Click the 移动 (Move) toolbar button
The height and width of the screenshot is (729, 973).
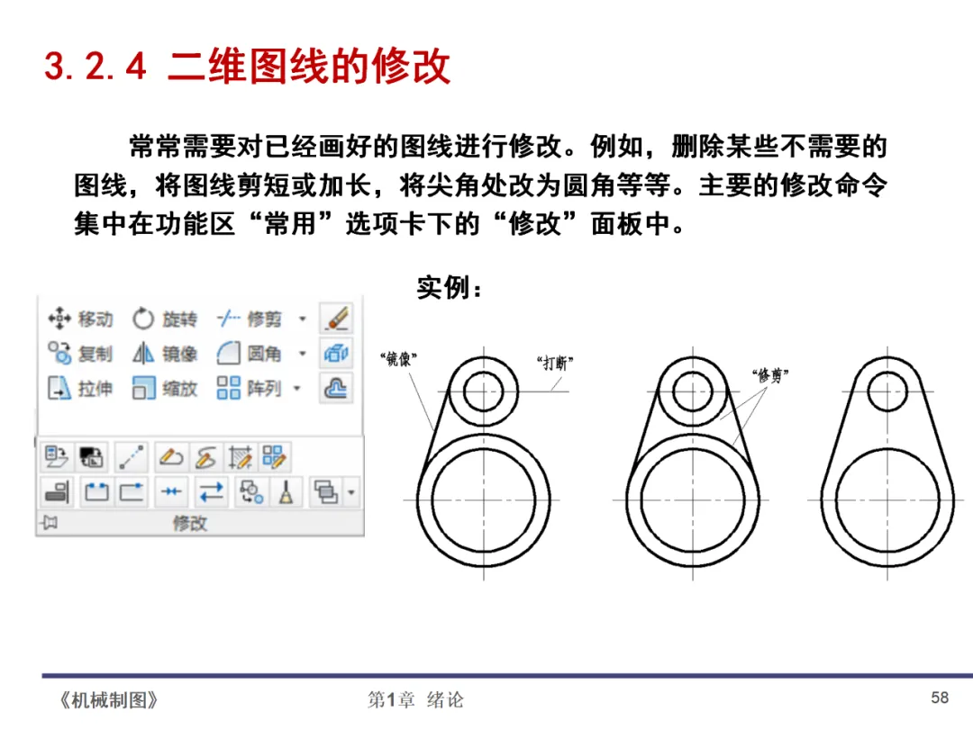(81, 319)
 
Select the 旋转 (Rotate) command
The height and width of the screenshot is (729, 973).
(165, 319)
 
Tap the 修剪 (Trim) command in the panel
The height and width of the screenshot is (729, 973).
(250, 319)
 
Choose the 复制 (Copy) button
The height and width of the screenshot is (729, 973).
(81, 354)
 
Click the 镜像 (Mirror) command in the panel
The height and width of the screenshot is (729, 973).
(165, 354)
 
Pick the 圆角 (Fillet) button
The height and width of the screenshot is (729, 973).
(250, 354)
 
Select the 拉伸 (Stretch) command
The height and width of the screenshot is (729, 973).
(81, 389)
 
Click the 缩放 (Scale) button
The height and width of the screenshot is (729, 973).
(165, 389)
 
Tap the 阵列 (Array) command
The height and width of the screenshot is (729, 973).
(250, 388)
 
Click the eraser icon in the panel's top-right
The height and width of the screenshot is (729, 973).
(336, 319)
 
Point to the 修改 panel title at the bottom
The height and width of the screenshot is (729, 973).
(190, 524)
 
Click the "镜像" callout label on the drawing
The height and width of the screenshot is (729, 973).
(398, 359)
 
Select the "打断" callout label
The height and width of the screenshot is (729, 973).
(555, 363)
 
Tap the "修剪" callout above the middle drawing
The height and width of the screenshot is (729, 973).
(770, 375)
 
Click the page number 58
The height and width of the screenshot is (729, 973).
(940, 698)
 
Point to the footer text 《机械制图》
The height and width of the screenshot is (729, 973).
(109, 700)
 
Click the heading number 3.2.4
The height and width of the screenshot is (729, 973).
(95, 67)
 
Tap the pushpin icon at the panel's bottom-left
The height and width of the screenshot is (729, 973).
(49, 523)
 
